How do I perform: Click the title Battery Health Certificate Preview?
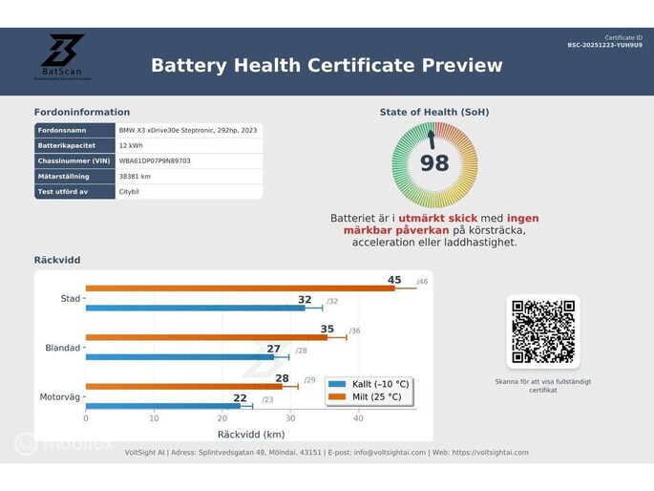327,66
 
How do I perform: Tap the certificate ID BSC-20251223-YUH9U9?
604,45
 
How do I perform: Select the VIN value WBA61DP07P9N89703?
155,161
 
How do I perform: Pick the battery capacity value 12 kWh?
131,146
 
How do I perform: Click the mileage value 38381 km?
135,177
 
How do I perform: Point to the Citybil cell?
129,192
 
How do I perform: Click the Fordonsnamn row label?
63,131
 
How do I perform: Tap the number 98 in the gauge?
434,163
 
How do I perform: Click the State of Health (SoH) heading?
434,113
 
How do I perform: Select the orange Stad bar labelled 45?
239,288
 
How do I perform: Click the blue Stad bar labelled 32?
195,308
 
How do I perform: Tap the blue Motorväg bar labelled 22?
162,406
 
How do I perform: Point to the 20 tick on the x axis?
222,418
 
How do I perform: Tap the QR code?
542,331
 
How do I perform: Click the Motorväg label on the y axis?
60,396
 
